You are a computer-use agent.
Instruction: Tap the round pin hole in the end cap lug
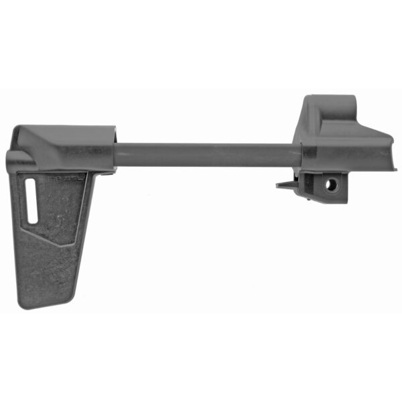[x=330, y=186]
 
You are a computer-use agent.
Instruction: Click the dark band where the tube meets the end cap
[x=302, y=155]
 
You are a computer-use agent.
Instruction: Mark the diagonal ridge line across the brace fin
[x=50, y=238]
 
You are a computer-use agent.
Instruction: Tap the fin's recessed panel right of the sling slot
[x=64, y=208]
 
